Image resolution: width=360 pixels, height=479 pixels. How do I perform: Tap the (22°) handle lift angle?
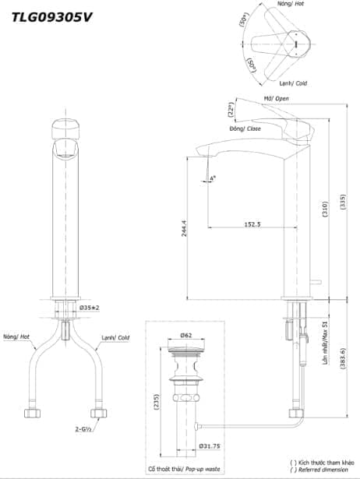pyautogui.click(x=231, y=110)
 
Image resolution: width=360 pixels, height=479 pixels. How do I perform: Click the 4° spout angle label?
pyautogui.click(x=213, y=178)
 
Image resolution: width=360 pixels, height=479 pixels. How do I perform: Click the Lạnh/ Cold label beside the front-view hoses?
pyautogui.click(x=114, y=338)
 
